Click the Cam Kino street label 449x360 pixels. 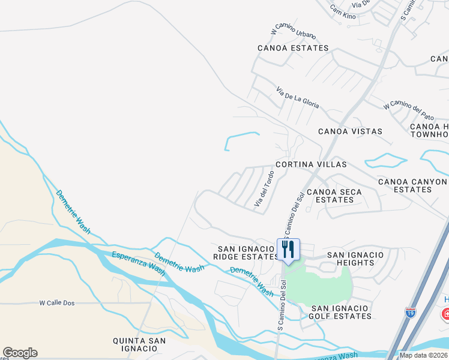(343, 12)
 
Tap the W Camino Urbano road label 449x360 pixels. (294, 32)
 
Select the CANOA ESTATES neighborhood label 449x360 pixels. (293, 48)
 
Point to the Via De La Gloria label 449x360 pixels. (298, 98)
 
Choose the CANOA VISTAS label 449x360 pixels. (350, 131)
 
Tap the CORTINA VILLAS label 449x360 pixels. (311, 164)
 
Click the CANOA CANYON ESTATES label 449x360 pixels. (412, 185)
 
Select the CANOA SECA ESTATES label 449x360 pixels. (334, 196)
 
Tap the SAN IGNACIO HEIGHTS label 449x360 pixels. (355, 259)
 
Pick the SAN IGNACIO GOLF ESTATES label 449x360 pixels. (341, 312)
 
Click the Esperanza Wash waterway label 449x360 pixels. (139, 263)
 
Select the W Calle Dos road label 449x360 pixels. (57, 303)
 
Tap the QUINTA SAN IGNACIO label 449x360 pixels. (139, 345)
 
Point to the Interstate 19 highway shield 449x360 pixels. (410, 313)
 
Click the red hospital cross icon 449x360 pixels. (445, 314)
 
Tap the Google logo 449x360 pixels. (20, 353)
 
